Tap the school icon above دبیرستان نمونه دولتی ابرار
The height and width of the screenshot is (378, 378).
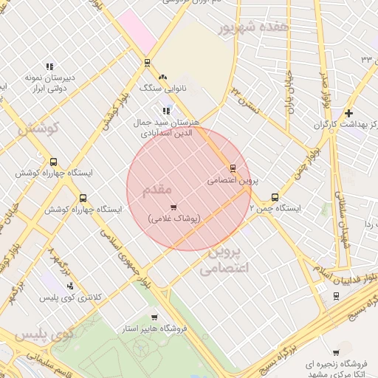(x=49, y=66)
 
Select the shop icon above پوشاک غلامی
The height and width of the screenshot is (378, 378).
(x=173, y=207)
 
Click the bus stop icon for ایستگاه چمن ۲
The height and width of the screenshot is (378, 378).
(x=275, y=197)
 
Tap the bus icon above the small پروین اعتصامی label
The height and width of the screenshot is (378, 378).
(x=233, y=168)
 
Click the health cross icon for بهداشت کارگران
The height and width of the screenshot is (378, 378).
(x=348, y=113)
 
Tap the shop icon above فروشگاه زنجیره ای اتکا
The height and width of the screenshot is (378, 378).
(x=337, y=352)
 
